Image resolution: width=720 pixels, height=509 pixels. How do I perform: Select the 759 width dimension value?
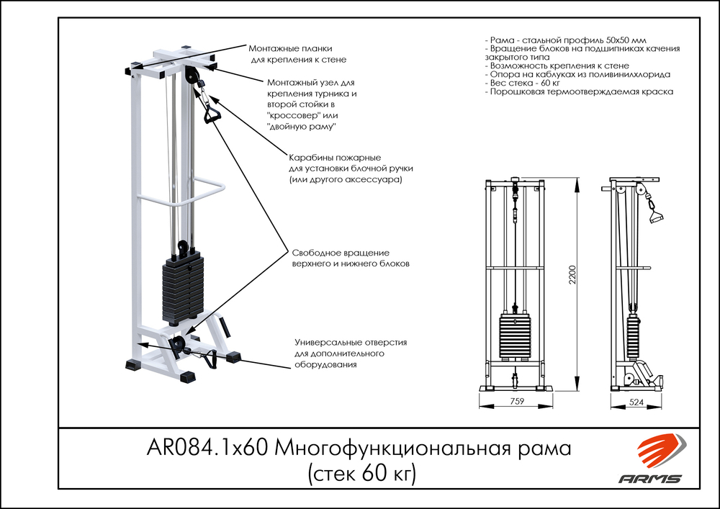click(516, 402)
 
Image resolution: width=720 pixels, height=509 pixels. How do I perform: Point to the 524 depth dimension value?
click(635, 402)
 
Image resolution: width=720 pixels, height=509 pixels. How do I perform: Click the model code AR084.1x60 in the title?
click(209, 449)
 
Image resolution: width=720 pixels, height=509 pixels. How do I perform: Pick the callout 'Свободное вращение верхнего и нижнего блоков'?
click(350, 258)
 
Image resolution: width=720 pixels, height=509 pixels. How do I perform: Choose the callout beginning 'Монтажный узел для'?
click(311, 104)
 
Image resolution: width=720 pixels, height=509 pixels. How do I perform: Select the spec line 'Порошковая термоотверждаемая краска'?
click(580, 92)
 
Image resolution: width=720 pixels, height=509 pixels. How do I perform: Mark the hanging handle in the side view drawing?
click(654, 215)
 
